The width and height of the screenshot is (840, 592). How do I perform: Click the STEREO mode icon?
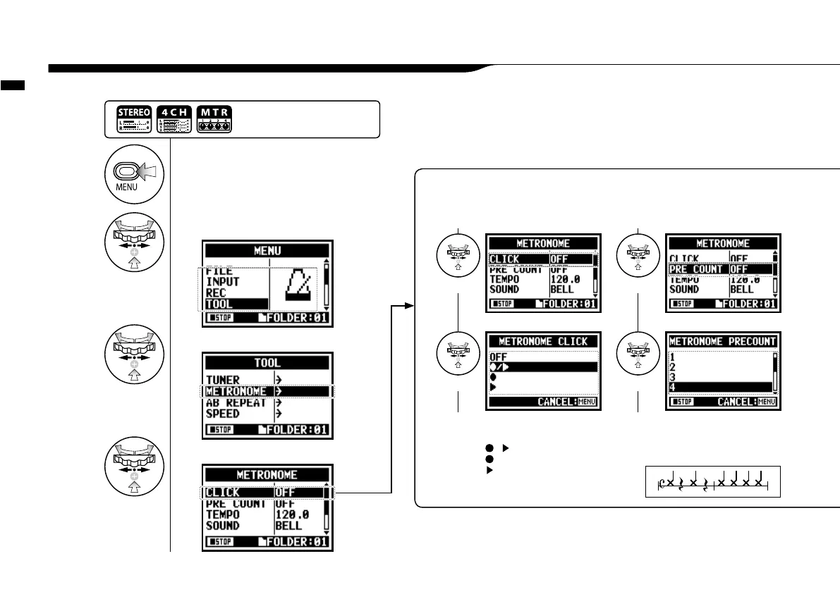(x=131, y=120)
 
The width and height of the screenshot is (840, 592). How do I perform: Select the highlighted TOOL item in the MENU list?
(x=236, y=304)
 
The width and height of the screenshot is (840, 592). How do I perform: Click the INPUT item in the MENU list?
(x=223, y=281)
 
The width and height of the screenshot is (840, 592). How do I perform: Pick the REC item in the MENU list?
(x=216, y=292)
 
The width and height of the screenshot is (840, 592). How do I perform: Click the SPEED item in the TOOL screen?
(x=223, y=414)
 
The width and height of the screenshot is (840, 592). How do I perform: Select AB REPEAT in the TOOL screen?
(x=236, y=403)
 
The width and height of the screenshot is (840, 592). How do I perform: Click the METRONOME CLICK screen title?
(x=543, y=341)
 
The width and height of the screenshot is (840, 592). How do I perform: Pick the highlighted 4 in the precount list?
(x=720, y=387)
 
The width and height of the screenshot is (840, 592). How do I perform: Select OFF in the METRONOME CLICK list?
(x=499, y=357)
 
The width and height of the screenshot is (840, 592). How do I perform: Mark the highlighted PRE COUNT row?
(x=720, y=269)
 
